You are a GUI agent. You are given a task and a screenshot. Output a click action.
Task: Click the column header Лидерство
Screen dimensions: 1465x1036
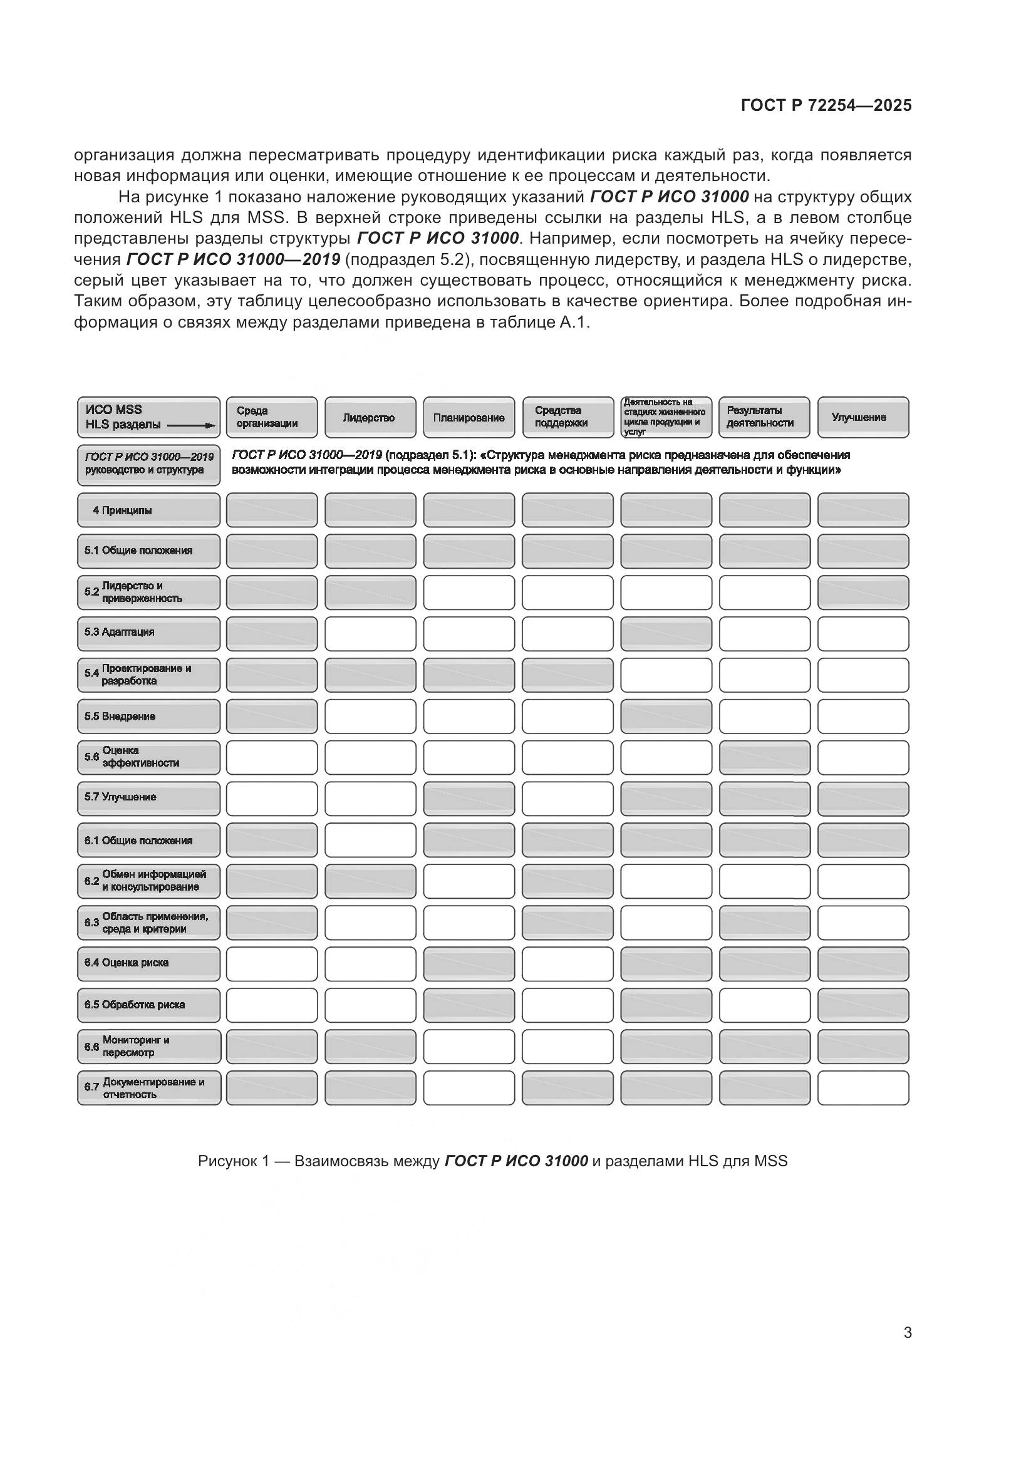click(x=370, y=418)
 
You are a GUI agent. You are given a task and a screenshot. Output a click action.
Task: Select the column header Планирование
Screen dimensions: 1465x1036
click(x=469, y=418)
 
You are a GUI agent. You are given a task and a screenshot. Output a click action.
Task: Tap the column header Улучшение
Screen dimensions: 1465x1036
click(x=862, y=417)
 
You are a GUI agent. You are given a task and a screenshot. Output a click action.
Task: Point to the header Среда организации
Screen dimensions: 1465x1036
click(x=271, y=417)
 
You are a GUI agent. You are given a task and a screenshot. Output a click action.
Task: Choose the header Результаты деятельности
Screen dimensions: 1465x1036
click(x=764, y=417)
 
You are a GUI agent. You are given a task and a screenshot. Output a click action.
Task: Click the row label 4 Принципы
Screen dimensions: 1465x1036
click(x=148, y=510)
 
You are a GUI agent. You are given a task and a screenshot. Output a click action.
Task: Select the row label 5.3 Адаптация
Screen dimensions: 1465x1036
click(x=148, y=633)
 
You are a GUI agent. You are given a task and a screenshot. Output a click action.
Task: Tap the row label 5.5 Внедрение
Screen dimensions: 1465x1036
click(x=148, y=717)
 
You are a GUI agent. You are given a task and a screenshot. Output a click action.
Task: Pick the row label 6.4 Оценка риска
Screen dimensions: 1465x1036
click(x=148, y=963)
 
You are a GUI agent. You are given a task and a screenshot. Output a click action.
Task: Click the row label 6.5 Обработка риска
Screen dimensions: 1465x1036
click(x=148, y=1005)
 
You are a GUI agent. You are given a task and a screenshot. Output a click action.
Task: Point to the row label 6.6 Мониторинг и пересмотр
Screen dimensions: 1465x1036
click(x=148, y=1047)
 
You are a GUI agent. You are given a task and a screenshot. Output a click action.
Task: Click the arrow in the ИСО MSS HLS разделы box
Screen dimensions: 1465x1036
click(x=192, y=425)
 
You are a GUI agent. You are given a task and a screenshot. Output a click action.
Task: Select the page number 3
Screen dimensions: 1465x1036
click(x=907, y=1333)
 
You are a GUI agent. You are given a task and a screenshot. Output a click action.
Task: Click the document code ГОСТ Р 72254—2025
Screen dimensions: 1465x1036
click(x=826, y=106)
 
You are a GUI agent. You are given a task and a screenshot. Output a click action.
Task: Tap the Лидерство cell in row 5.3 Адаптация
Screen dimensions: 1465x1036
click(x=370, y=634)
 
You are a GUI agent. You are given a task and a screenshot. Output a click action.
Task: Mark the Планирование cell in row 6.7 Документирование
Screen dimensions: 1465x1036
click(x=469, y=1088)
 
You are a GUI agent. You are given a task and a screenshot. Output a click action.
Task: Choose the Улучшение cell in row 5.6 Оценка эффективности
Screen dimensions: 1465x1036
click(x=863, y=758)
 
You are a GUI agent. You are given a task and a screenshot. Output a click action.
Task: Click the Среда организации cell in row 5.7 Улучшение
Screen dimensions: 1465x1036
click(x=272, y=799)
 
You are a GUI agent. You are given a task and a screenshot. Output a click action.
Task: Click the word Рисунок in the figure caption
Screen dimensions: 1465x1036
click(x=226, y=1161)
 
